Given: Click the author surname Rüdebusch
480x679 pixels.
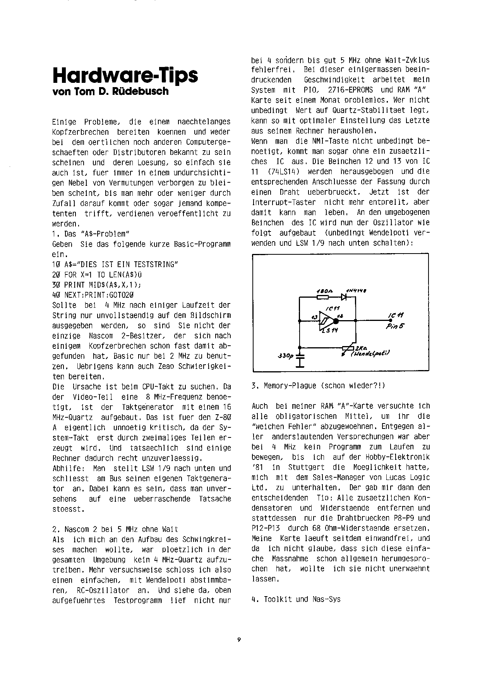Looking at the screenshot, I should [148, 92].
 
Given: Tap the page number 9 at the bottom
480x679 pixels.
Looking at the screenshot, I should [239, 640].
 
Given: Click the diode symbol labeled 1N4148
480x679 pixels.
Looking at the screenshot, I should [343, 297].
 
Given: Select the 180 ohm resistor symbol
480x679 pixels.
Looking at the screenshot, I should [322, 297].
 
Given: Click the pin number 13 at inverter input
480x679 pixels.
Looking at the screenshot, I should [314, 317].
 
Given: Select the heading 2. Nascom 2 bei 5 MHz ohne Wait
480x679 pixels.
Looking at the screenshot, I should [115, 529].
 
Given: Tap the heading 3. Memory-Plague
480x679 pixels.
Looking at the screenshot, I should [318, 386].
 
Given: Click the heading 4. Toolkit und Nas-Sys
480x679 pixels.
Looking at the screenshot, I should [296, 599].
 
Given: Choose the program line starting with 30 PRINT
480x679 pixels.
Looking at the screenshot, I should [96, 285].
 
